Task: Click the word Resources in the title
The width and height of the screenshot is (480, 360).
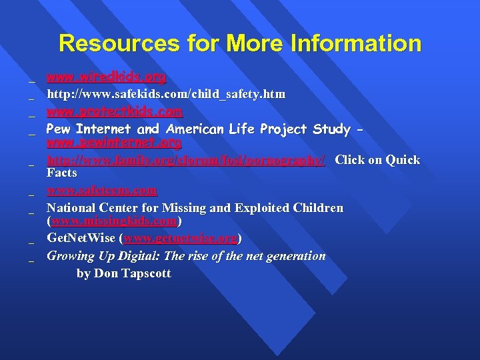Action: [x=119, y=44]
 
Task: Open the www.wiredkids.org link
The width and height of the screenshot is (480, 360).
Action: [x=106, y=77]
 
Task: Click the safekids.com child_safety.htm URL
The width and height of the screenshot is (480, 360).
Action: [x=166, y=95]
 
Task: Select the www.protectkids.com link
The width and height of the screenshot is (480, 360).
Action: [x=114, y=111]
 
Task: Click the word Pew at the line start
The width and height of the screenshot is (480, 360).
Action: [x=59, y=129]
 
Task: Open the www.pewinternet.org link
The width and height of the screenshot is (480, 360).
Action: [x=114, y=143]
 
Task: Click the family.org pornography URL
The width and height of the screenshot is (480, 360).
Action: [x=186, y=160]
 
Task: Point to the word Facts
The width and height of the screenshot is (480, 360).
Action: [x=62, y=173]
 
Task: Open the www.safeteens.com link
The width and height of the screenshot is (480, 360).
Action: [x=102, y=191]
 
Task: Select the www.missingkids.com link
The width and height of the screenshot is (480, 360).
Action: [x=114, y=221]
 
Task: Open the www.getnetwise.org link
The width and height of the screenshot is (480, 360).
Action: [x=181, y=238]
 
